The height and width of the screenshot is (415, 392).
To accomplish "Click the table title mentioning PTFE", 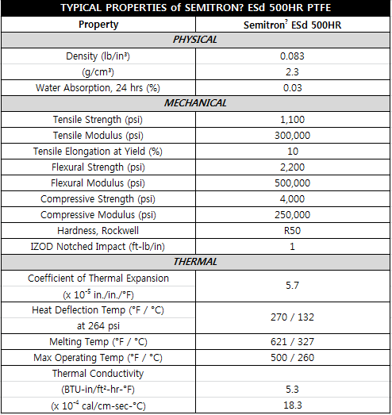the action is coord(195,8).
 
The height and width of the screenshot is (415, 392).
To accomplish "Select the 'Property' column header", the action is coord(99,24).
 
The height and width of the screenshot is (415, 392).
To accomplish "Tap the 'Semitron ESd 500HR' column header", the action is coord(293,24).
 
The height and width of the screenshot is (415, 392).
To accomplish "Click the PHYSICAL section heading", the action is coord(195,40).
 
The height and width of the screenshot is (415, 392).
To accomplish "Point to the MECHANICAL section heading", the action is coord(195,103).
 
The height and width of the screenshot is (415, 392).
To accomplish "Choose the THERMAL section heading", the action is coord(195,261).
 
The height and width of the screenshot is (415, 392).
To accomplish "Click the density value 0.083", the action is coord(293,56).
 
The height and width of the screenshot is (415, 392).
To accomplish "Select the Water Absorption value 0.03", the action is coord(293,87).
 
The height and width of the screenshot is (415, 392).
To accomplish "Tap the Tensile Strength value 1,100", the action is coord(293,119).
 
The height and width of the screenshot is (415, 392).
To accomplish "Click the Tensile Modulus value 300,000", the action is coord(293,135).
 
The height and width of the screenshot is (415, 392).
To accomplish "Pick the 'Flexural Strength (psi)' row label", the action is coord(99,167).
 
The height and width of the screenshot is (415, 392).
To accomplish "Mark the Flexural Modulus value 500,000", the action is coord(293,183).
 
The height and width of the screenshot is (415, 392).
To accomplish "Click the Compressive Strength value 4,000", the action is coord(293,198).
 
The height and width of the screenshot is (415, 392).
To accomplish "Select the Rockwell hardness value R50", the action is coord(293,230).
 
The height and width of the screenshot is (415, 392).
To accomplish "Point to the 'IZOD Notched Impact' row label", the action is coord(99,246).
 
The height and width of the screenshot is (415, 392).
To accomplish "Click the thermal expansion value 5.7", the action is coord(293,285).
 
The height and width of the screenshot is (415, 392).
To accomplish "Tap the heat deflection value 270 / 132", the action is coord(293,317).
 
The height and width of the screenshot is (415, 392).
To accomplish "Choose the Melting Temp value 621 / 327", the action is coord(293,341).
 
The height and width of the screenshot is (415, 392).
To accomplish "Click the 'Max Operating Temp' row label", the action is coord(99,357).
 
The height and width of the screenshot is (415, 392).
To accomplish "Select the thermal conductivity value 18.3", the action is coord(293,405).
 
